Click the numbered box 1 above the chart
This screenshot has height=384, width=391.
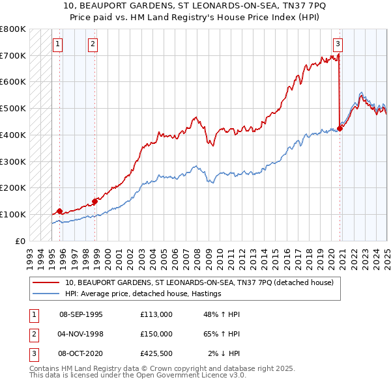click(58, 44)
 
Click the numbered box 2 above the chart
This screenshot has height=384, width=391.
click(93, 44)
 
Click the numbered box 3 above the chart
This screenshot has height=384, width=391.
click(338, 44)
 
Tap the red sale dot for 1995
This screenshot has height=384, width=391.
click(59, 211)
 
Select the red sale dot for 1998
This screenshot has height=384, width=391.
click(95, 201)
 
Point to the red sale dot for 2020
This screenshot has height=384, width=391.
click(340, 128)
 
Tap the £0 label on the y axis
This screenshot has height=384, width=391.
click(20, 241)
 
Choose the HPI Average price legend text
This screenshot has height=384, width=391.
click(143, 294)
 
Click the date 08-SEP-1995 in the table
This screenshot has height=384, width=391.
click(81, 314)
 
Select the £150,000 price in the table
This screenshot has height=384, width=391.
click(156, 334)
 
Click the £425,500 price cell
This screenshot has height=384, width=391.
click(156, 353)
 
